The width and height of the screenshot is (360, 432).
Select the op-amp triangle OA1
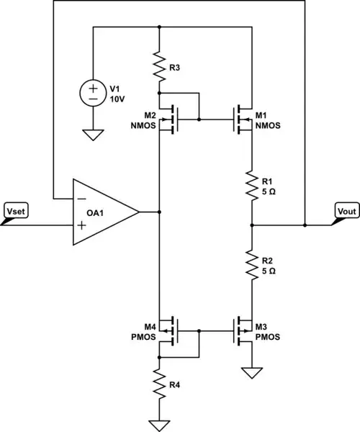coord(104,212)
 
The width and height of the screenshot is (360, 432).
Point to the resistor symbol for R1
coord(252,185)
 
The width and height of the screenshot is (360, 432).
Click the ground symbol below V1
coord(94,134)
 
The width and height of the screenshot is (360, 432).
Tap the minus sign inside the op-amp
coord(81,198)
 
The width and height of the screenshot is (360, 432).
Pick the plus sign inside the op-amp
coord(81,225)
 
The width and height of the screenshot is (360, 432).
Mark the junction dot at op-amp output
coord(158,212)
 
